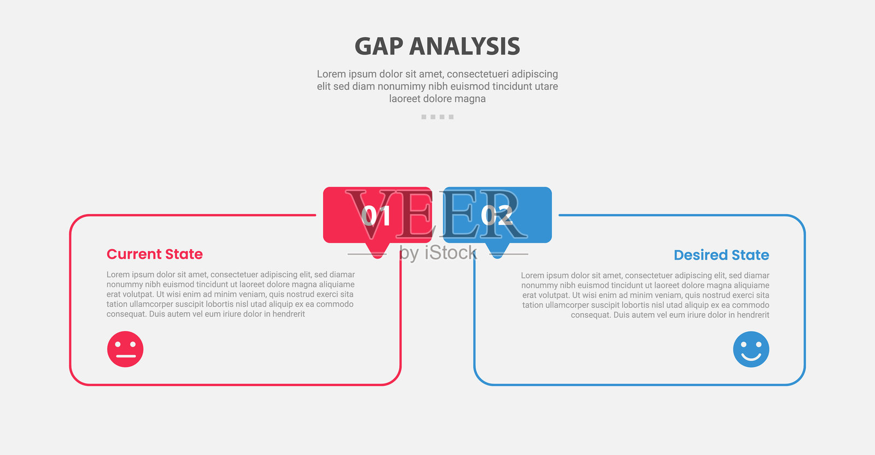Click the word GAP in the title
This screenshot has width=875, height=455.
point(379,47)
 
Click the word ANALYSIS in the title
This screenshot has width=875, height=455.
point(464,47)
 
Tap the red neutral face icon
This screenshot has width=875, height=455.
point(125,349)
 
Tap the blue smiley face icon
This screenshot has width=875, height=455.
point(751,349)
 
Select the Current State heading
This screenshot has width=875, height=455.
point(155,254)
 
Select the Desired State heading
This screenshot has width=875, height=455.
point(721,255)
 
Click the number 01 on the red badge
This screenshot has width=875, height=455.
point(376,216)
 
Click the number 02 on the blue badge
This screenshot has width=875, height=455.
point(497,216)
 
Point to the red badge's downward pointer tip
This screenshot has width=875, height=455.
point(378,258)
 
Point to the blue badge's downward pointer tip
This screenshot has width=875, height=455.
point(497,258)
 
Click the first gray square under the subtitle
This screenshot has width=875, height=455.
point(424,117)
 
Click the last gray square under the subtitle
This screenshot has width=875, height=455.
point(451,117)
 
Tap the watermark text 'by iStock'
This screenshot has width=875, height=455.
point(438,253)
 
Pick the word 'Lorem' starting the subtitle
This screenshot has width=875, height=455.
point(331,74)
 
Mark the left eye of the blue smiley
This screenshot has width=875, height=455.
point(744,345)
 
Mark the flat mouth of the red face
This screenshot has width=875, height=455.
point(126,356)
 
